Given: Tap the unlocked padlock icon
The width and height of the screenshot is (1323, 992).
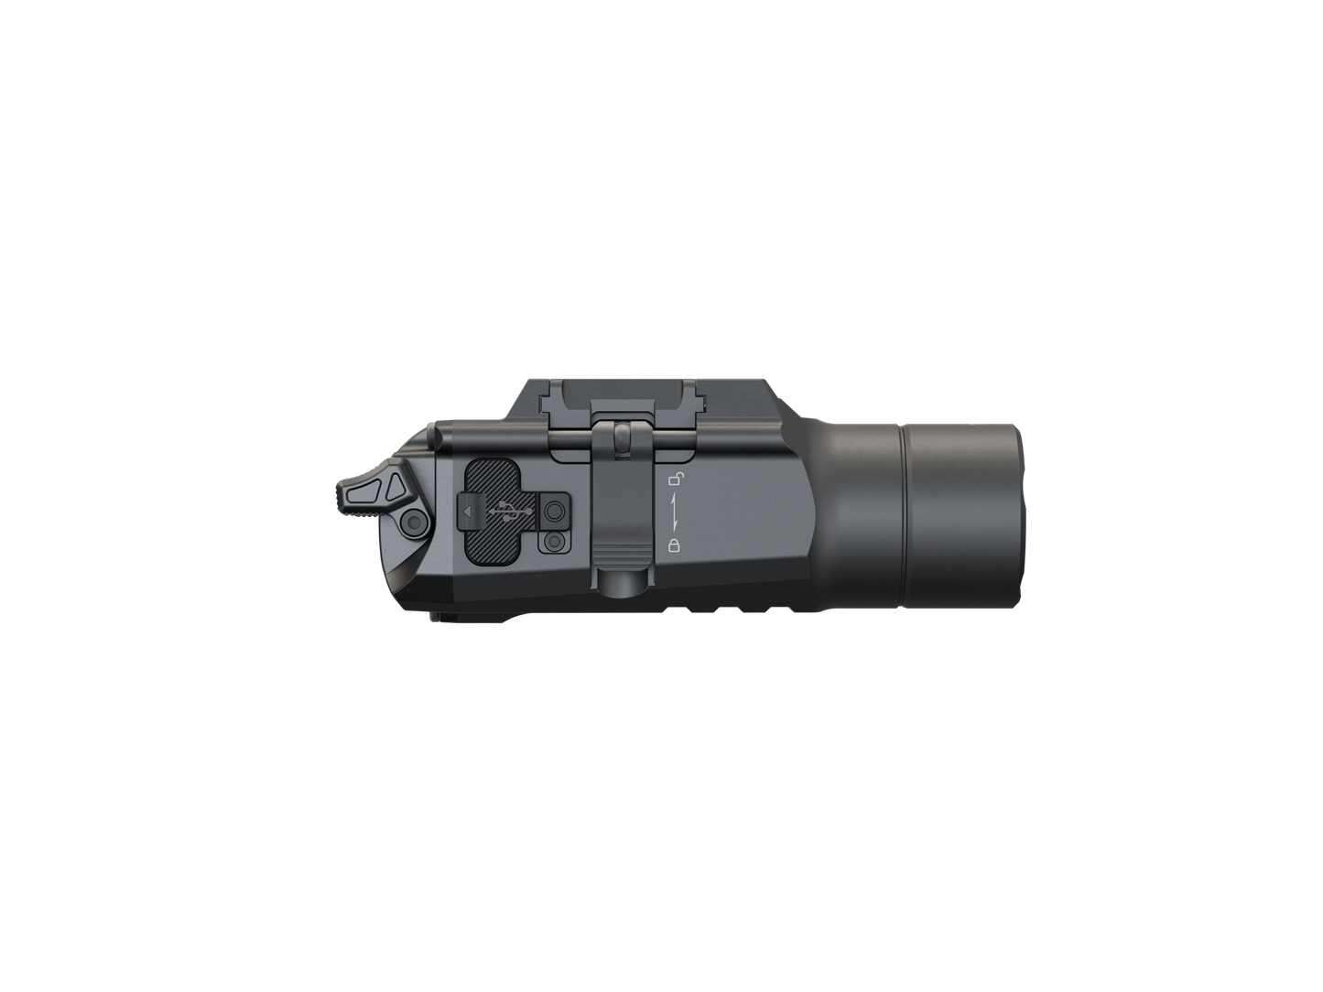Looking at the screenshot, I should click(x=675, y=478).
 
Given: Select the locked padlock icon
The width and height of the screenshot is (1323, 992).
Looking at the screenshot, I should click(x=675, y=546).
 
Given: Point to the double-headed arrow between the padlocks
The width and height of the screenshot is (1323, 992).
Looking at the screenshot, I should click(x=676, y=512).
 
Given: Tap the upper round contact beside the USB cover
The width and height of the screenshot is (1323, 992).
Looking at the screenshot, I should click(x=553, y=511).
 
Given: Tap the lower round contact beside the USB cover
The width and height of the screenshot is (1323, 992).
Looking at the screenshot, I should click(x=553, y=542).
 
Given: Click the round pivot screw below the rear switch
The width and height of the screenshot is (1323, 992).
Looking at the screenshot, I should click(x=414, y=523).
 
